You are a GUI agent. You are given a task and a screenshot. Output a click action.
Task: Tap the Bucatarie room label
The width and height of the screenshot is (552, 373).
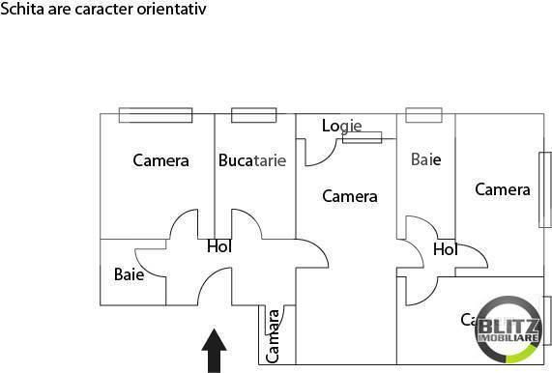(x=252, y=160)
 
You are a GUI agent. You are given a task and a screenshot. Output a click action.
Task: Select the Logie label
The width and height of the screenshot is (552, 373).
(x=341, y=126)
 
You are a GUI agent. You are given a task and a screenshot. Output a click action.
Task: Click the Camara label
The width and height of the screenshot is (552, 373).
(x=274, y=334)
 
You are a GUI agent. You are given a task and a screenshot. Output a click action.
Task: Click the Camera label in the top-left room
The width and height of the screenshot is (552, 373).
(x=160, y=160)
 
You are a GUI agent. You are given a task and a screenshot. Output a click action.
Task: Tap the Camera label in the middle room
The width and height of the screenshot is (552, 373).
(x=349, y=196)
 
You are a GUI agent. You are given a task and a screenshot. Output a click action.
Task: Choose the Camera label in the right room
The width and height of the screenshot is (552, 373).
(x=503, y=189)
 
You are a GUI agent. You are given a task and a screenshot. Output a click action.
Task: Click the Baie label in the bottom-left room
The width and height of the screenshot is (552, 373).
(x=129, y=273)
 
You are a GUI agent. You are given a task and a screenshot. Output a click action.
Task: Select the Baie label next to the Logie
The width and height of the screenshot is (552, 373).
(x=425, y=159)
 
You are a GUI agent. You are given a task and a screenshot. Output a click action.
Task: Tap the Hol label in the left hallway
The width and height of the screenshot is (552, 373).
(x=219, y=246)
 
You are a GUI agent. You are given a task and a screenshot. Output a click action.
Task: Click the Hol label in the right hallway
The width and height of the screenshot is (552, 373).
(x=445, y=249)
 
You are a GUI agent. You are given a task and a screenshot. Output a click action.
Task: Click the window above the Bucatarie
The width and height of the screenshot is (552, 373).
(x=253, y=115)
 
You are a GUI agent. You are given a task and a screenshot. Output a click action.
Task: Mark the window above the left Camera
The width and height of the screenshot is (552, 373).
(x=155, y=115)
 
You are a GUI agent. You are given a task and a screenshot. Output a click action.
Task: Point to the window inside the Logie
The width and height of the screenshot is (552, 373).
(x=361, y=137)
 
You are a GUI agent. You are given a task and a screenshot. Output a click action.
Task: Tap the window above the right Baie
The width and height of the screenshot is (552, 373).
(x=422, y=115)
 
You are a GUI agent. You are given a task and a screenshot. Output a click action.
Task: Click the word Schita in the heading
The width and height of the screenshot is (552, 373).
(x=20, y=9)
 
